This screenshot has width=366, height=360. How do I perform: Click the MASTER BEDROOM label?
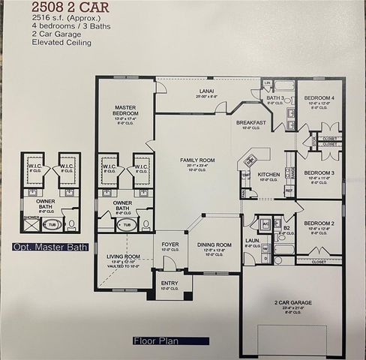click(125, 110)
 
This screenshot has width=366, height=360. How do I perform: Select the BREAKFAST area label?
click(250, 121)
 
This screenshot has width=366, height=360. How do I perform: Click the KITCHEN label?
click(268, 175)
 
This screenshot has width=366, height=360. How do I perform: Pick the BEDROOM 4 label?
click(319, 98)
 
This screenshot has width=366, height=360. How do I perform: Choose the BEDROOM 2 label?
click(318, 224)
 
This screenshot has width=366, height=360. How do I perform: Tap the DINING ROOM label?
click(214, 244)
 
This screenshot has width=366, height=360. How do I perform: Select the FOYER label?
click(170, 243)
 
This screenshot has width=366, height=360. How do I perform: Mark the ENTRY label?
click(170, 283)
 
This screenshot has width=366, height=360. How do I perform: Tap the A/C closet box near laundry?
click(265, 223)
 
